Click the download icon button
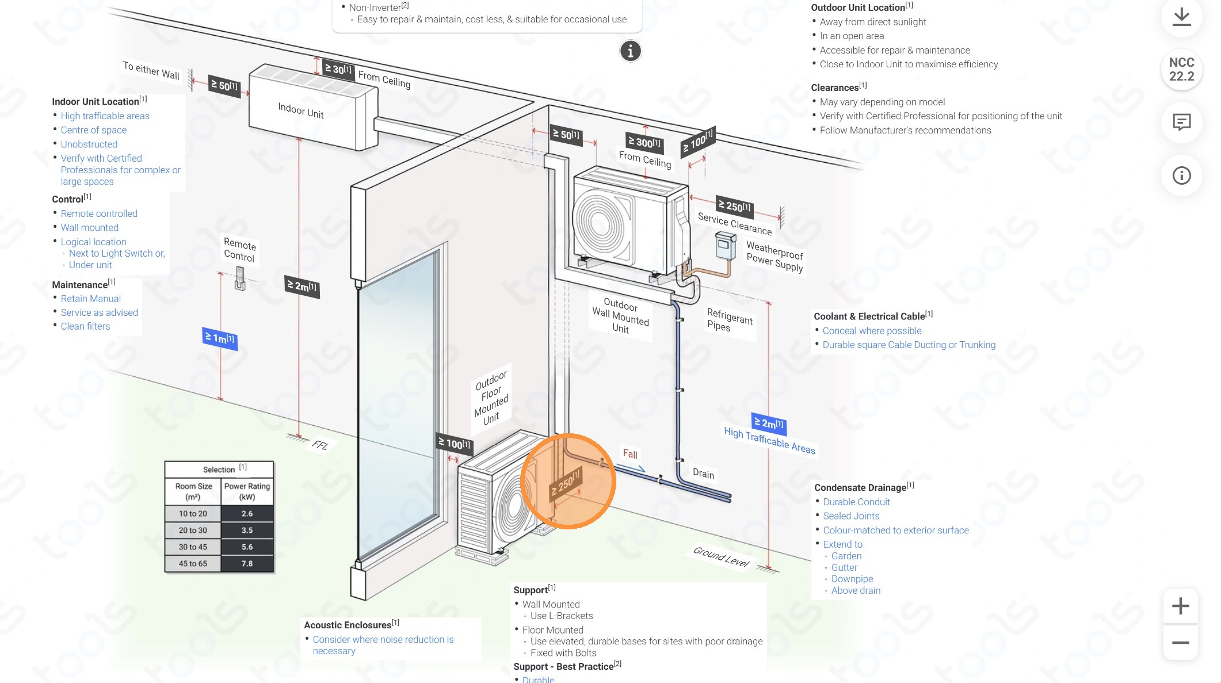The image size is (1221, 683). click(x=1181, y=17)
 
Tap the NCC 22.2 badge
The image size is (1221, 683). click(x=1181, y=70)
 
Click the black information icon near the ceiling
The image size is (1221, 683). click(x=630, y=51)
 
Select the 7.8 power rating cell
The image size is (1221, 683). click(x=247, y=563)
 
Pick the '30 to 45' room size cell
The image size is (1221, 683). click(x=193, y=547)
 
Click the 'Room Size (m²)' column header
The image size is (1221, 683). click(x=193, y=491)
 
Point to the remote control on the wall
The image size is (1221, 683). click(x=240, y=278)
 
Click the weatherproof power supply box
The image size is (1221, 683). click(x=725, y=246)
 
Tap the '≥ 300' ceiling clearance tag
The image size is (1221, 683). click(x=644, y=142)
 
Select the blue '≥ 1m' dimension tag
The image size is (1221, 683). click(x=220, y=338)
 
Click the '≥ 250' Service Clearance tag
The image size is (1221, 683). click(x=734, y=206)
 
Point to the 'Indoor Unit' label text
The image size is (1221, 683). click(x=300, y=110)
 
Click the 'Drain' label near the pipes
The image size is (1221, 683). click(x=703, y=474)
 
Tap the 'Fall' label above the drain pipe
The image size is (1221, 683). click(x=630, y=454)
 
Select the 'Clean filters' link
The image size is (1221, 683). click(x=85, y=326)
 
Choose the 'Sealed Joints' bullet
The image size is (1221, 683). click(x=851, y=516)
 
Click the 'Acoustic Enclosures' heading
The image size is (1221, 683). click(x=348, y=625)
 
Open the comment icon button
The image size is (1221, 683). click(x=1181, y=122)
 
